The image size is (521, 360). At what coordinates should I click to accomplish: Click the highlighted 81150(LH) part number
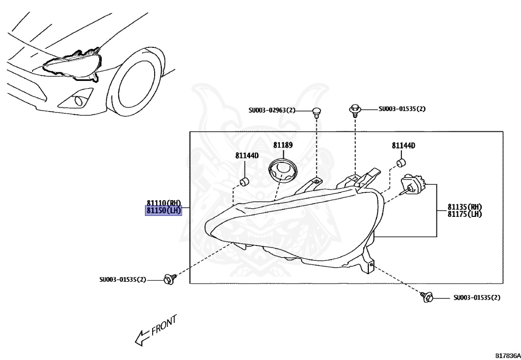163,211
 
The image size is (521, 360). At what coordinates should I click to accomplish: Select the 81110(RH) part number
163,203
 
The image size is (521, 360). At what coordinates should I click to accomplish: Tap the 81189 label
283,145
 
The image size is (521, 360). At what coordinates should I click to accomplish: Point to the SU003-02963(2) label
272,110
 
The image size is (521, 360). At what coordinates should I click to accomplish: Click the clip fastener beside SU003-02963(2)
316,111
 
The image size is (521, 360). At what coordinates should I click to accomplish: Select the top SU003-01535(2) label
402,108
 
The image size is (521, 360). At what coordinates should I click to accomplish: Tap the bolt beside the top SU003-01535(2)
355,109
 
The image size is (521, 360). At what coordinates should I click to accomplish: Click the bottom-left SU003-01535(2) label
123,280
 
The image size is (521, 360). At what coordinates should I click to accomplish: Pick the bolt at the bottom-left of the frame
168,279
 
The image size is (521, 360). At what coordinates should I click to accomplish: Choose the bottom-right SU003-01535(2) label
477,297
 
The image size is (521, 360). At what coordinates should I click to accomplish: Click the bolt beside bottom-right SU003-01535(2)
427,296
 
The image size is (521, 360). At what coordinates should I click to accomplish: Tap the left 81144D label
247,155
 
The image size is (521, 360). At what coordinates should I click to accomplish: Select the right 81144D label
403,146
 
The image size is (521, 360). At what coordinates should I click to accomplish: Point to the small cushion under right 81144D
401,163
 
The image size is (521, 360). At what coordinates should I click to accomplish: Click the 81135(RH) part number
465,207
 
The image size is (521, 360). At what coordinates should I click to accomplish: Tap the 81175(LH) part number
465,214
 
